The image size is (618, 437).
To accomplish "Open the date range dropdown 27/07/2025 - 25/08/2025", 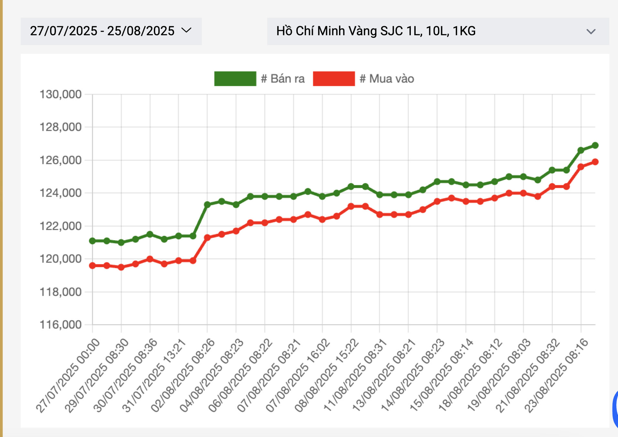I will (111, 31).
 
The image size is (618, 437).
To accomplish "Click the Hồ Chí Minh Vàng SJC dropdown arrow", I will (591, 32).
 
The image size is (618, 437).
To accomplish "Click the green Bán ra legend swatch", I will (235, 79).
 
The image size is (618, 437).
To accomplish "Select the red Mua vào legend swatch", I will (334, 79).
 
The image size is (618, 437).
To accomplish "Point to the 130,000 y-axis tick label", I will (60, 94).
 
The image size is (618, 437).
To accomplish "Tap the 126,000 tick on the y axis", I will (60, 160).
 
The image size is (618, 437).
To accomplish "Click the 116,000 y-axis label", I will (60, 325).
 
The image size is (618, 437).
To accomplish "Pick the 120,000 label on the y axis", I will (60, 259).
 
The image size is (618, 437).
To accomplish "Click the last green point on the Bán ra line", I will (595, 145).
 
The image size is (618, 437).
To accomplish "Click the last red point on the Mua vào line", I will (595, 162).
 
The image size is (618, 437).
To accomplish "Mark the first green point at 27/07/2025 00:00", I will (92, 241).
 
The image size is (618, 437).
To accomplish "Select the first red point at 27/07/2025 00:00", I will (92, 266).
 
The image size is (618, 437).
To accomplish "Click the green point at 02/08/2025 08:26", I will (207, 205).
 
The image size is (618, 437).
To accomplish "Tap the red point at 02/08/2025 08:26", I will (207, 238).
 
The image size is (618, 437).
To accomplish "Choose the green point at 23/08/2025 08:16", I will (581, 150).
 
